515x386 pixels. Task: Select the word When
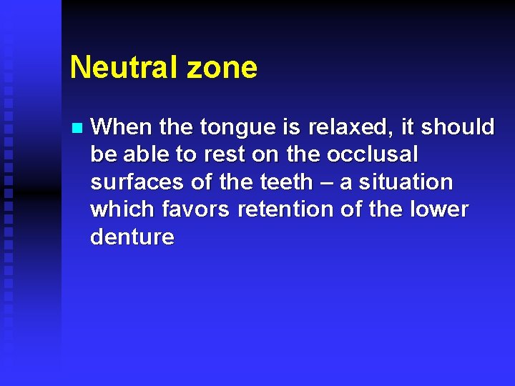pyautogui.click(x=122, y=127)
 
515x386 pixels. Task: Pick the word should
pyautogui.click(x=458, y=127)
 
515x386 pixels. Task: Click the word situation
pyautogui.click(x=406, y=182)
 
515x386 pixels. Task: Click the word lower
pyautogui.click(x=439, y=209)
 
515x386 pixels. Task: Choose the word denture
pyautogui.click(x=132, y=237)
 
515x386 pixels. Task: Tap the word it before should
pyautogui.click(x=407, y=127)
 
